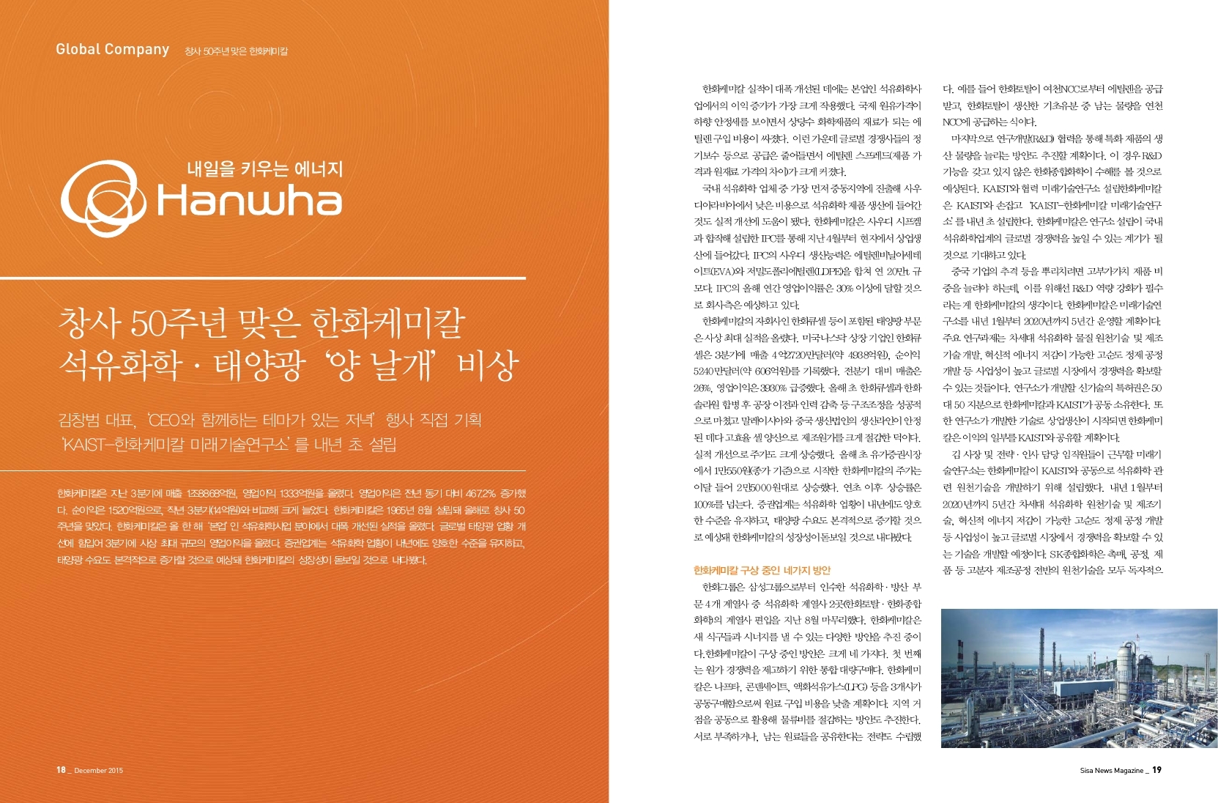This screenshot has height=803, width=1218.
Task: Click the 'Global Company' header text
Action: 112,49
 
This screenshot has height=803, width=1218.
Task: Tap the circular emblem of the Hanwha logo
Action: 103,195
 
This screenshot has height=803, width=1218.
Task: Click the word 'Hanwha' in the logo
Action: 250,201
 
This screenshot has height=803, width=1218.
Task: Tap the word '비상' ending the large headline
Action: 487,365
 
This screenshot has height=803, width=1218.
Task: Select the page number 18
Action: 61,770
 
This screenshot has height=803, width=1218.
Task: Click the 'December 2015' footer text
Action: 99,771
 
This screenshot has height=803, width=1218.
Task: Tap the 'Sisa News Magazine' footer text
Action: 1111,770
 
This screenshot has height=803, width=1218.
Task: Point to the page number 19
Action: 1157,769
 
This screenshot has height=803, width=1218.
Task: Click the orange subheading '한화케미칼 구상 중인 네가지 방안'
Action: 762,570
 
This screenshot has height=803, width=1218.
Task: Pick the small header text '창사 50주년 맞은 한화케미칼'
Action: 236,51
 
